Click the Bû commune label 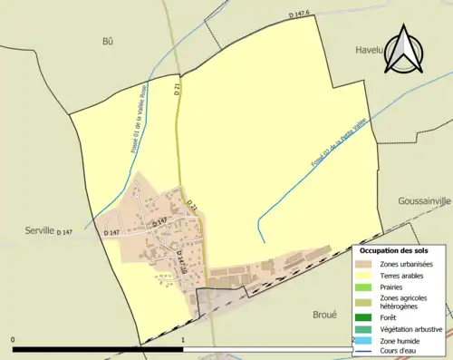(x=108, y=42)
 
